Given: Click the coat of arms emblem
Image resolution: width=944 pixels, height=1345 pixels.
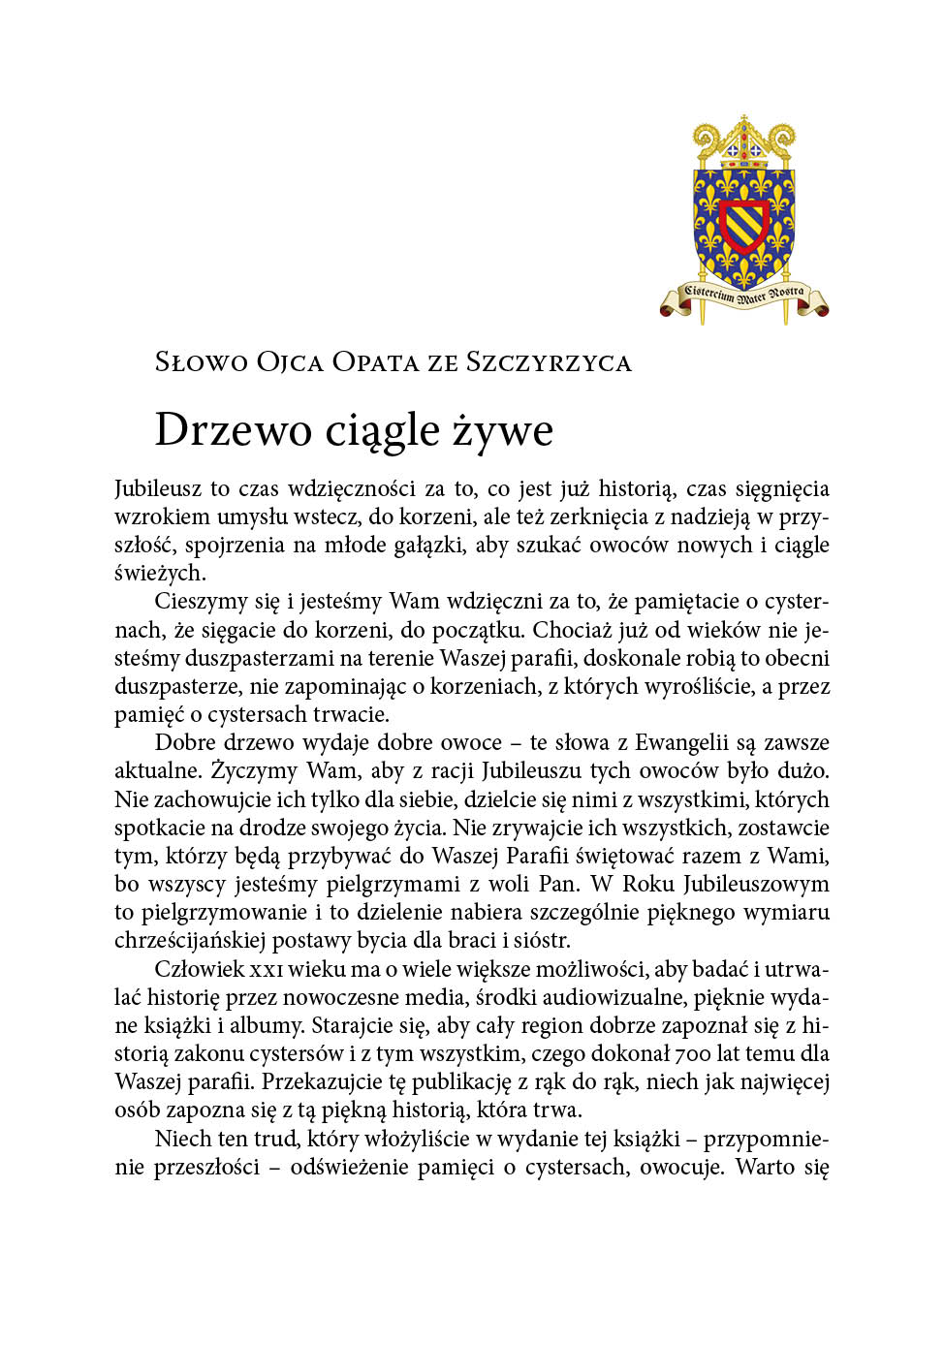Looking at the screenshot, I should click(743, 218).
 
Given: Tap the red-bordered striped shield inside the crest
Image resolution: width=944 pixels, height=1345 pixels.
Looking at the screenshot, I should click(743, 226).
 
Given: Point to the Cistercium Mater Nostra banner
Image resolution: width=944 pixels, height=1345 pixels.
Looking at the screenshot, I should click(743, 295).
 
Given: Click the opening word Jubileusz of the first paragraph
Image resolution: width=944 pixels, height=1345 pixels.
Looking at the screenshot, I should click(157, 488).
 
